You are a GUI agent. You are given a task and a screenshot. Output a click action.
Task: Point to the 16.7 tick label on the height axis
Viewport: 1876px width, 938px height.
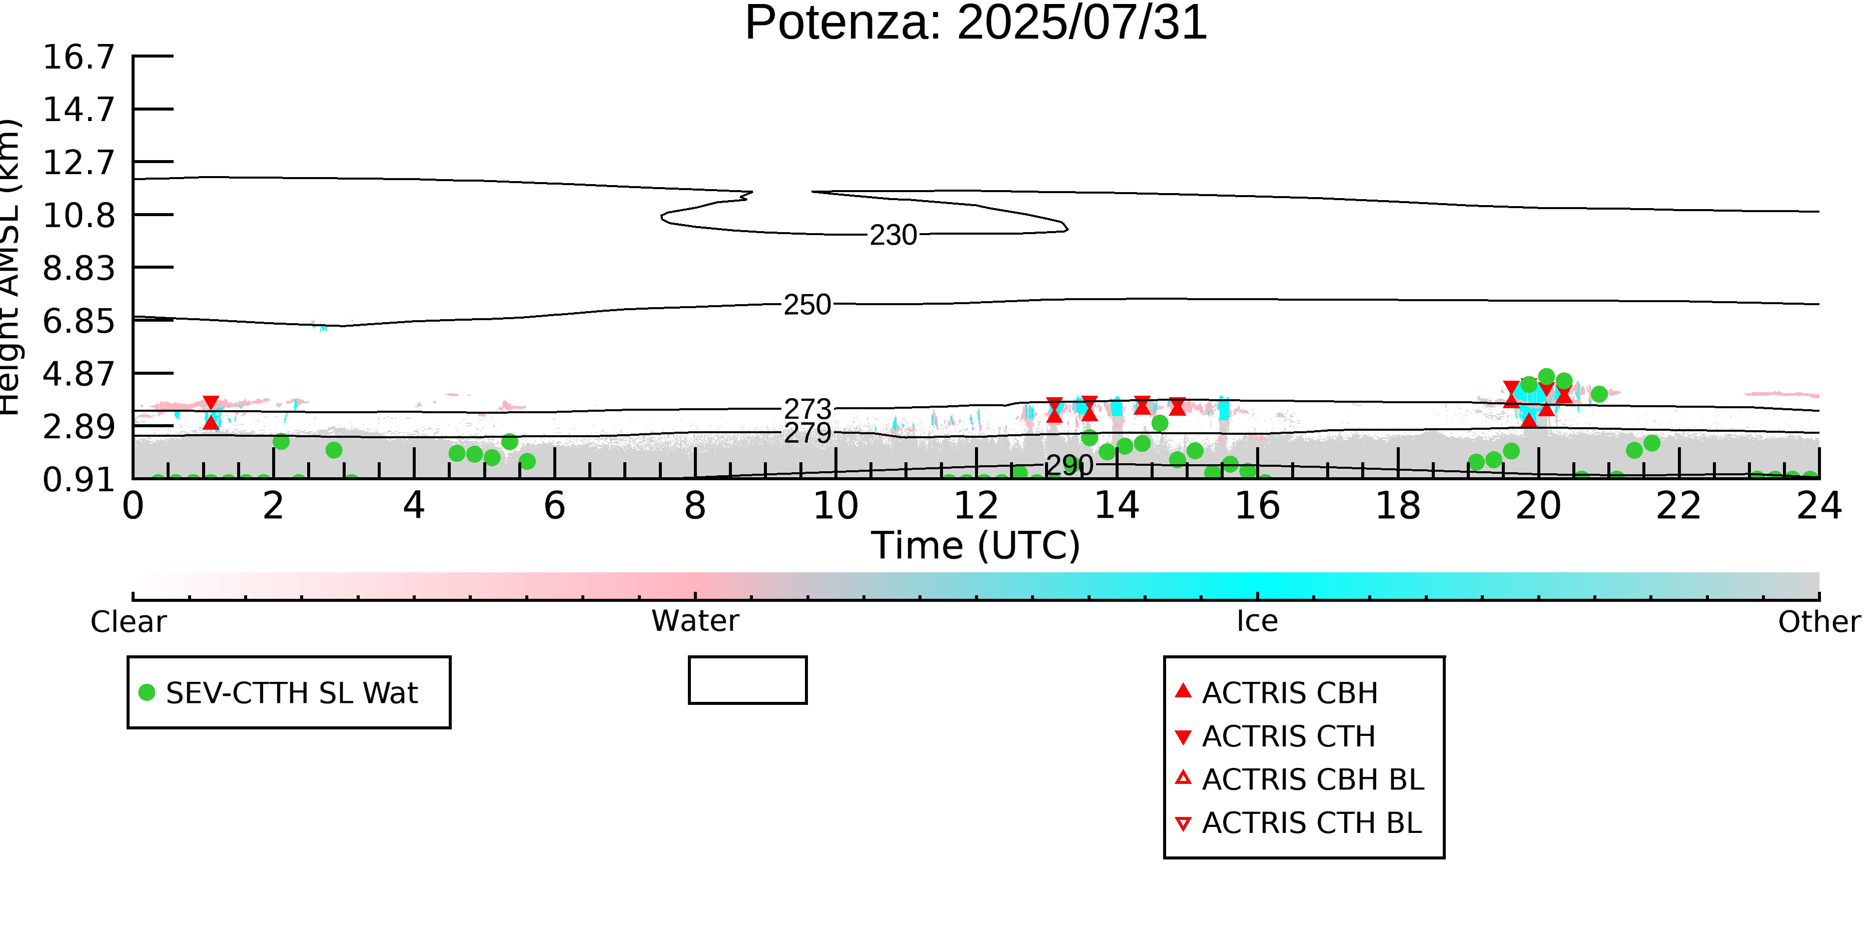[79, 57]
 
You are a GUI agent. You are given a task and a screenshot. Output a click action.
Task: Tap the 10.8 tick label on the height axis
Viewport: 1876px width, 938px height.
[79, 216]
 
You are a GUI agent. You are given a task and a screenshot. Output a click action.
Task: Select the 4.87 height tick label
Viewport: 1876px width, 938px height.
[79, 374]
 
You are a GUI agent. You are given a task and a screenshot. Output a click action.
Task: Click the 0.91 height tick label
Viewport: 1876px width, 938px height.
[79, 480]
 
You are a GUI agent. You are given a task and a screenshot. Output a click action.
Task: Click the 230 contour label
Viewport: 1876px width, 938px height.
[893, 235]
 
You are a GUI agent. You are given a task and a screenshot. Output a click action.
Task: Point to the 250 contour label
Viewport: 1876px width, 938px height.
[807, 305]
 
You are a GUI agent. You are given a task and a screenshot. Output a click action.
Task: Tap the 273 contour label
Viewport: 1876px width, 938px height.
[807, 409]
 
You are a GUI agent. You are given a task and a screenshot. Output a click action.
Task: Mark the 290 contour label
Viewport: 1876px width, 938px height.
[1069, 465]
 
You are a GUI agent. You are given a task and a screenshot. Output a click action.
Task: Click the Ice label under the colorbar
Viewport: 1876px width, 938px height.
[1257, 621]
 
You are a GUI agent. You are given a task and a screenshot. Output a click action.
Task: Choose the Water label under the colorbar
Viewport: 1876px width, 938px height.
[695, 621]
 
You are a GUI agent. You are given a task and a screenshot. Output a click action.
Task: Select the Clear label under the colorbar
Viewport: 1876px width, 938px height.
[128, 622]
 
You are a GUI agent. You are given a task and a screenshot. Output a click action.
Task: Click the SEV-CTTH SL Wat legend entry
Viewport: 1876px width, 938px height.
[291, 692]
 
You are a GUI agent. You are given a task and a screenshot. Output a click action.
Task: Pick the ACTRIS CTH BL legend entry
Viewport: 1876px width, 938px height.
[1311, 823]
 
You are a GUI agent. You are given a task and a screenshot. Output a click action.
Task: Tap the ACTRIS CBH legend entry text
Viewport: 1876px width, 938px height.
[1290, 692]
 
